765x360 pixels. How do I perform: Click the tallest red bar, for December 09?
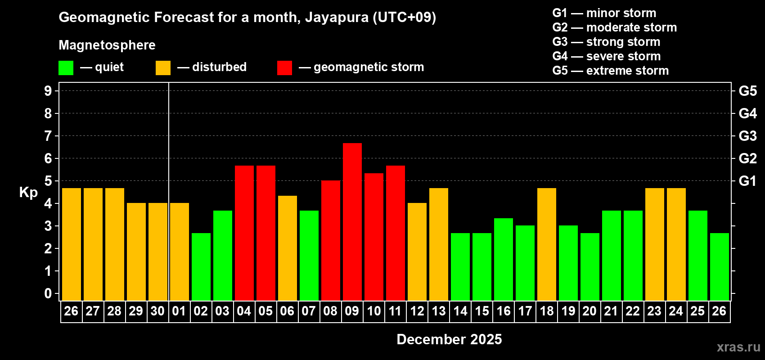pyautogui.click(x=352, y=221)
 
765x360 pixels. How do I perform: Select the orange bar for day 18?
pyautogui.click(x=547, y=244)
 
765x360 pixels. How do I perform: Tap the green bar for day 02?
pyautogui.click(x=201, y=266)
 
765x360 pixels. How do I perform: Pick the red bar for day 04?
pyautogui.click(x=244, y=233)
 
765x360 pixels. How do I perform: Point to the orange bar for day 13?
pyautogui.click(x=439, y=244)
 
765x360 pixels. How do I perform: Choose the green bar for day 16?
pyautogui.click(x=504, y=259)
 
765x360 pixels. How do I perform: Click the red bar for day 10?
pyautogui.click(x=374, y=237)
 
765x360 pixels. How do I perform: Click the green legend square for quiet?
pyautogui.click(x=66, y=68)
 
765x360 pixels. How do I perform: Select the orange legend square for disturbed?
pyautogui.click(x=163, y=68)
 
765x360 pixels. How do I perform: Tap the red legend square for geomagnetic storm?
pyautogui.click(x=284, y=68)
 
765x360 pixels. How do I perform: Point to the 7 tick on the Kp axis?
pyautogui.click(x=48, y=136)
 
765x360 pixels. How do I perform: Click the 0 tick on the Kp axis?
pyautogui.click(x=48, y=293)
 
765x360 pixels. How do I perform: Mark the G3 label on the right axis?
pyautogui.click(x=747, y=136)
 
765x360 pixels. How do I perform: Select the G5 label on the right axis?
pyautogui.click(x=747, y=91)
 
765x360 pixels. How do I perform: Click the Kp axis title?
pyautogui.click(x=28, y=193)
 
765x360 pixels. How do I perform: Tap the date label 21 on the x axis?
pyautogui.click(x=611, y=311)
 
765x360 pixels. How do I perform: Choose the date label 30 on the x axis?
pyautogui.click(x=157, y=311)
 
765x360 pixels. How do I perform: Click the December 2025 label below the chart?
pyautogui.click(x=449, y=339)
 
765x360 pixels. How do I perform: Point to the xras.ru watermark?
pyautogui.click(x=738, y=347)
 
